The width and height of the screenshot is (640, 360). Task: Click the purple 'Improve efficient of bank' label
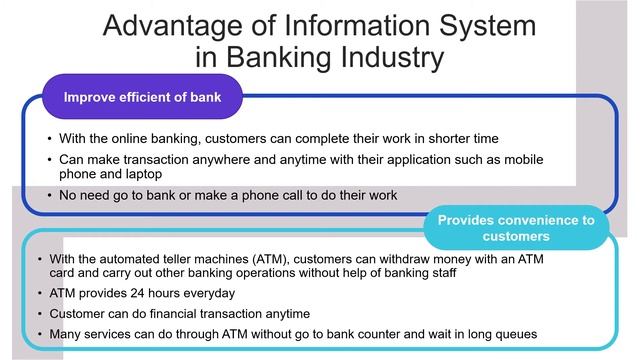coord(142,97)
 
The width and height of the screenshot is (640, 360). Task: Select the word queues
coord(512,333)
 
